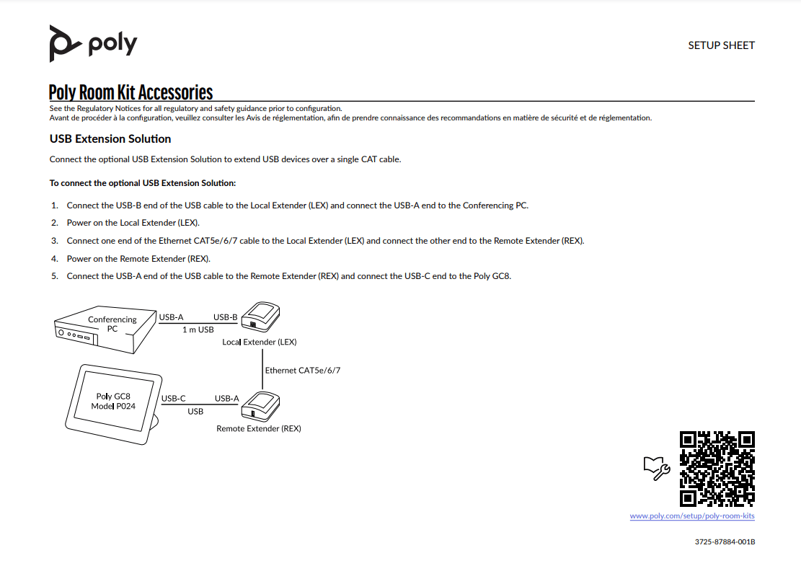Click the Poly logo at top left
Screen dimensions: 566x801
(92, 43)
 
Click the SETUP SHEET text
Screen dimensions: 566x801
(721, 45)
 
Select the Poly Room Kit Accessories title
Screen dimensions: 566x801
(130, 92)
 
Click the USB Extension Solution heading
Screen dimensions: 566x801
(110, 138)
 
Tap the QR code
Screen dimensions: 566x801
(717, 469)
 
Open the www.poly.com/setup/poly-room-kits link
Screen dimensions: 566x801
(691, 516)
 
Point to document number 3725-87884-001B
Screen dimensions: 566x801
(725, 541)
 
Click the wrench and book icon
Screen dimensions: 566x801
(656, 468)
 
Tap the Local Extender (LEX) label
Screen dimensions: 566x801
(259, 342)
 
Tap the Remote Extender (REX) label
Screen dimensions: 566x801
(258, 428)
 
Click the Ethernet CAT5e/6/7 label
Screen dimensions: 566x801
(302, 370)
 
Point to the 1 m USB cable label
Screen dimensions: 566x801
(198, 330)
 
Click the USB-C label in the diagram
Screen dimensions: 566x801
(173, 398)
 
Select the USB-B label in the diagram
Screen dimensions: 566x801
(225, 317)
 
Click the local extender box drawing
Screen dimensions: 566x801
(260, 318)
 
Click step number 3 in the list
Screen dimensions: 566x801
(55, 241)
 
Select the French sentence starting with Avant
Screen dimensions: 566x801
(350, 118)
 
